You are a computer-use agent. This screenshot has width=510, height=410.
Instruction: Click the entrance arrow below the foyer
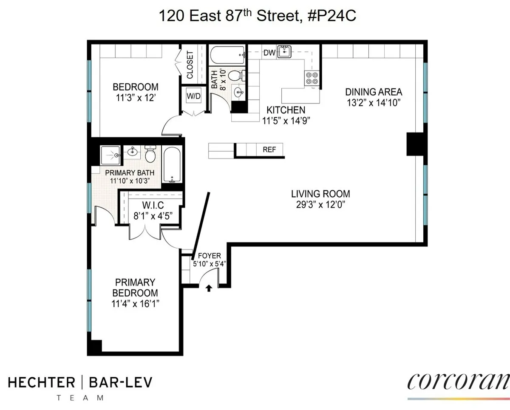coord(209,288)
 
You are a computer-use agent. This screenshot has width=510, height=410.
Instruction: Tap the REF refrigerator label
coord(269,150)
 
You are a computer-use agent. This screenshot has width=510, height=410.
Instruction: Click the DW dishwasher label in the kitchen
coord(269,53)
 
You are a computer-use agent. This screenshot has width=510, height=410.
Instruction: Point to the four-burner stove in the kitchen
coord(310,77)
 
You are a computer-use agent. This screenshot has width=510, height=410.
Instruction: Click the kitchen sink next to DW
coord(285,52)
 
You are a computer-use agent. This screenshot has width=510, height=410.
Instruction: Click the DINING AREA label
coord(373,92)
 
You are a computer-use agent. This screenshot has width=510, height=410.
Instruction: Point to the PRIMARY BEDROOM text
coord(135,288)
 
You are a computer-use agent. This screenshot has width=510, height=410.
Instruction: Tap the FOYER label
coord(209,256)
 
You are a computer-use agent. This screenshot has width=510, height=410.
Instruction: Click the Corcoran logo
coord(458,381)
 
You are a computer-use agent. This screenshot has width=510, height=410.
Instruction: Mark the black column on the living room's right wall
coord(415,144)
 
